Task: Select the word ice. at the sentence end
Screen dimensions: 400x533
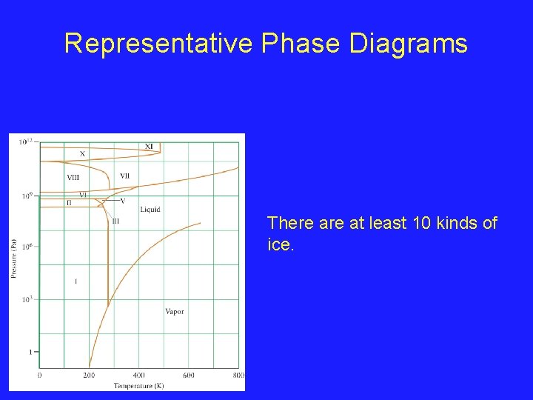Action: point(281,244)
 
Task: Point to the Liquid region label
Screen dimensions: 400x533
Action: point(150,210)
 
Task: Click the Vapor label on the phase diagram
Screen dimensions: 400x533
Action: point(174,311)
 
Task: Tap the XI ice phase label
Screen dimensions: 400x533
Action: point(149,147)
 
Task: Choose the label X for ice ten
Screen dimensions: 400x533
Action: point(82,154)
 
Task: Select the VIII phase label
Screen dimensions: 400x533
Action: point(73,177)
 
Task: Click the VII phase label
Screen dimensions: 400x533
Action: point(124,176)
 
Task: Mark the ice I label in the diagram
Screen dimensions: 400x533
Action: point(76,281)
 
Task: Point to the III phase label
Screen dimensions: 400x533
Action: point(115,221)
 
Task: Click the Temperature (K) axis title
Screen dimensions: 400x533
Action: point(138,385)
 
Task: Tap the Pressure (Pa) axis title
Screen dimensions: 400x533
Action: point(14,259)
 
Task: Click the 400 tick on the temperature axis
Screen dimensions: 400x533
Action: point(138,376)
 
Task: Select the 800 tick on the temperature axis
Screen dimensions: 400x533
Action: point(238,376)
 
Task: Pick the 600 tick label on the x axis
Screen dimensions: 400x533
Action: point(188,376)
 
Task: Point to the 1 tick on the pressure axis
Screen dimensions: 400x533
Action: point(30,352)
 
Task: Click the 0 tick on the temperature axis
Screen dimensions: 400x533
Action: point(39,376)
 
